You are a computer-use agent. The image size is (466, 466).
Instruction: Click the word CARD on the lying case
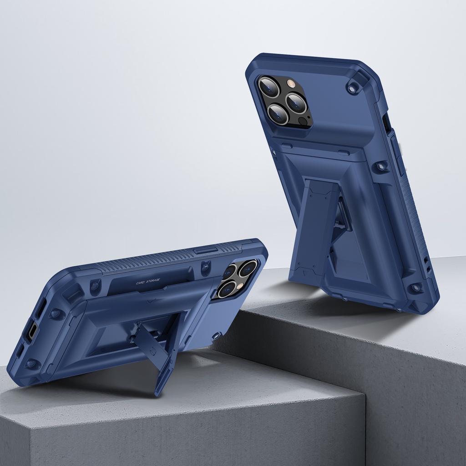[x=140, y=283]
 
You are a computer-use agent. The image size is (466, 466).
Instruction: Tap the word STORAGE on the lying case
[x=153, y=280]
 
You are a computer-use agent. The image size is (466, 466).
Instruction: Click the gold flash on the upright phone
[x=290, y=83]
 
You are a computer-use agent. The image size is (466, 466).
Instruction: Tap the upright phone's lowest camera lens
[x=278, y=114]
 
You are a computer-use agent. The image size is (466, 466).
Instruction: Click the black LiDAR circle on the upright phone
[x=303, y=121]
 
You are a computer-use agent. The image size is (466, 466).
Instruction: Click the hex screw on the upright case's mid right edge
[x=380, y=166]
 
